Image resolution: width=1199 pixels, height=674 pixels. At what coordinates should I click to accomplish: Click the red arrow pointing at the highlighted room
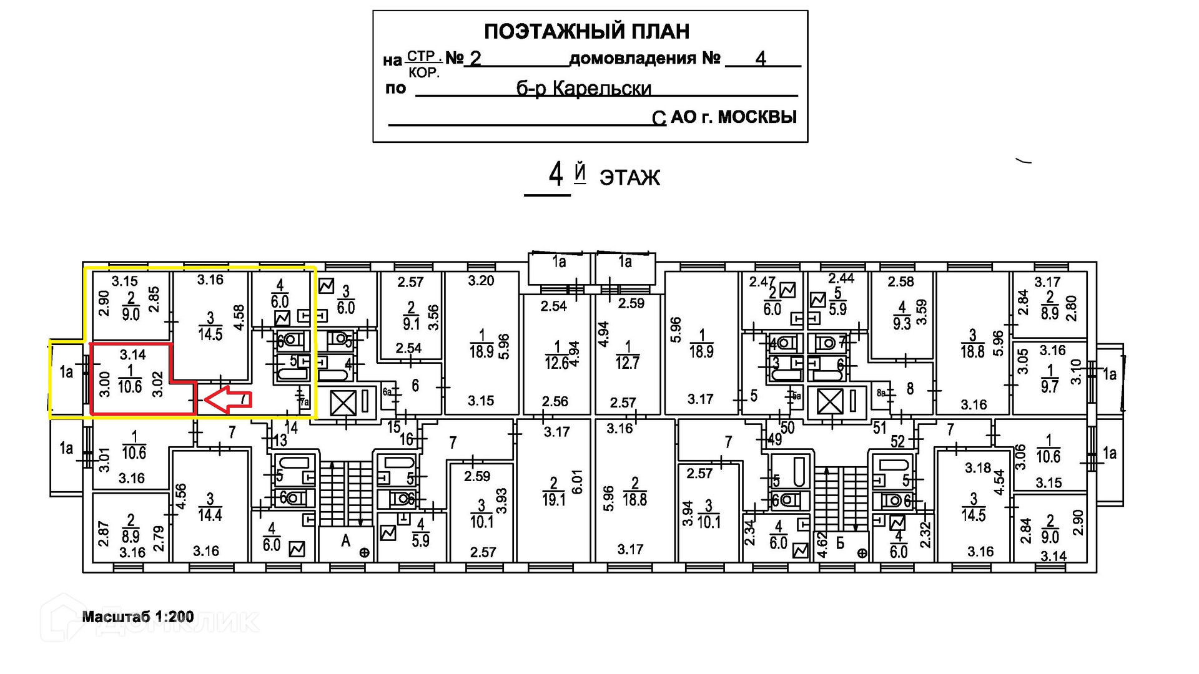229,399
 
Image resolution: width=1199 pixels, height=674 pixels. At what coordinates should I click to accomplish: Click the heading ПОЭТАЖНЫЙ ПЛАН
586,31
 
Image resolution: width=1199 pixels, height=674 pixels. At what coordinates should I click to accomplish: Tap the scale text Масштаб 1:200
138,617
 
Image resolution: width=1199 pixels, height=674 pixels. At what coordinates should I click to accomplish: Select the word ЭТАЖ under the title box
629,178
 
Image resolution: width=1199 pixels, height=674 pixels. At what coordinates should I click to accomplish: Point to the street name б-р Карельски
583,89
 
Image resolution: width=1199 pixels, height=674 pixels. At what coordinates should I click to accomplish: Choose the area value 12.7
627,363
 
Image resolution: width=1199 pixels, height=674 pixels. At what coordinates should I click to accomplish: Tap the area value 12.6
556,363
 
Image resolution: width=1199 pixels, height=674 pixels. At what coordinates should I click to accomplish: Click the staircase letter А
345,541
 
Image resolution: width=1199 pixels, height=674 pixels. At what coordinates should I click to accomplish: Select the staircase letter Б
840,543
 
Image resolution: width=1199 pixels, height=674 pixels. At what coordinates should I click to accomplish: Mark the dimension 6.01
576,482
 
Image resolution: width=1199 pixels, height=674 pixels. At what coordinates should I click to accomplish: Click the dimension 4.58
239,318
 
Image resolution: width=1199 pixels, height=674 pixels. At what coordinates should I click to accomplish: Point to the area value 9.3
902,323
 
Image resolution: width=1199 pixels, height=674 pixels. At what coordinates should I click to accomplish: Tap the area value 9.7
1050,387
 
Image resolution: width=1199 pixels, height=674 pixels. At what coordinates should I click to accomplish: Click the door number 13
280,441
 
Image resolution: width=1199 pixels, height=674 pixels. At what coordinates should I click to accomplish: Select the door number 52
897,442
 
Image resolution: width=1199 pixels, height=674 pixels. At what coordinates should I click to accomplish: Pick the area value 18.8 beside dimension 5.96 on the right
972,352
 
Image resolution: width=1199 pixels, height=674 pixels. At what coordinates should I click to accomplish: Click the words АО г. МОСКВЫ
734,117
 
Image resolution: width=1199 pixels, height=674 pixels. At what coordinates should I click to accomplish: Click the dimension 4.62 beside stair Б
822,545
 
